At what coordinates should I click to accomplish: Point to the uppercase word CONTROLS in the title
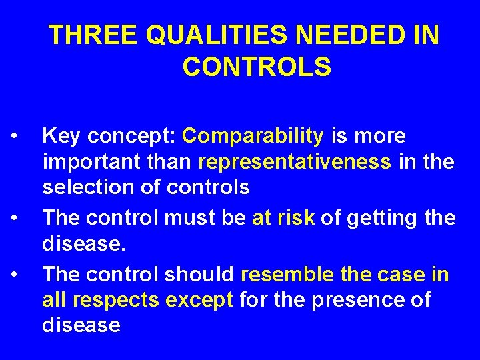tap(256, 67)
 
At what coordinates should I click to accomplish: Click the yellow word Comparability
tap(253, 136)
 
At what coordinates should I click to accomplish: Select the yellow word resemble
tap(286, 274)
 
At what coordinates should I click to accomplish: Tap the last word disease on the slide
tap(81, 325)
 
